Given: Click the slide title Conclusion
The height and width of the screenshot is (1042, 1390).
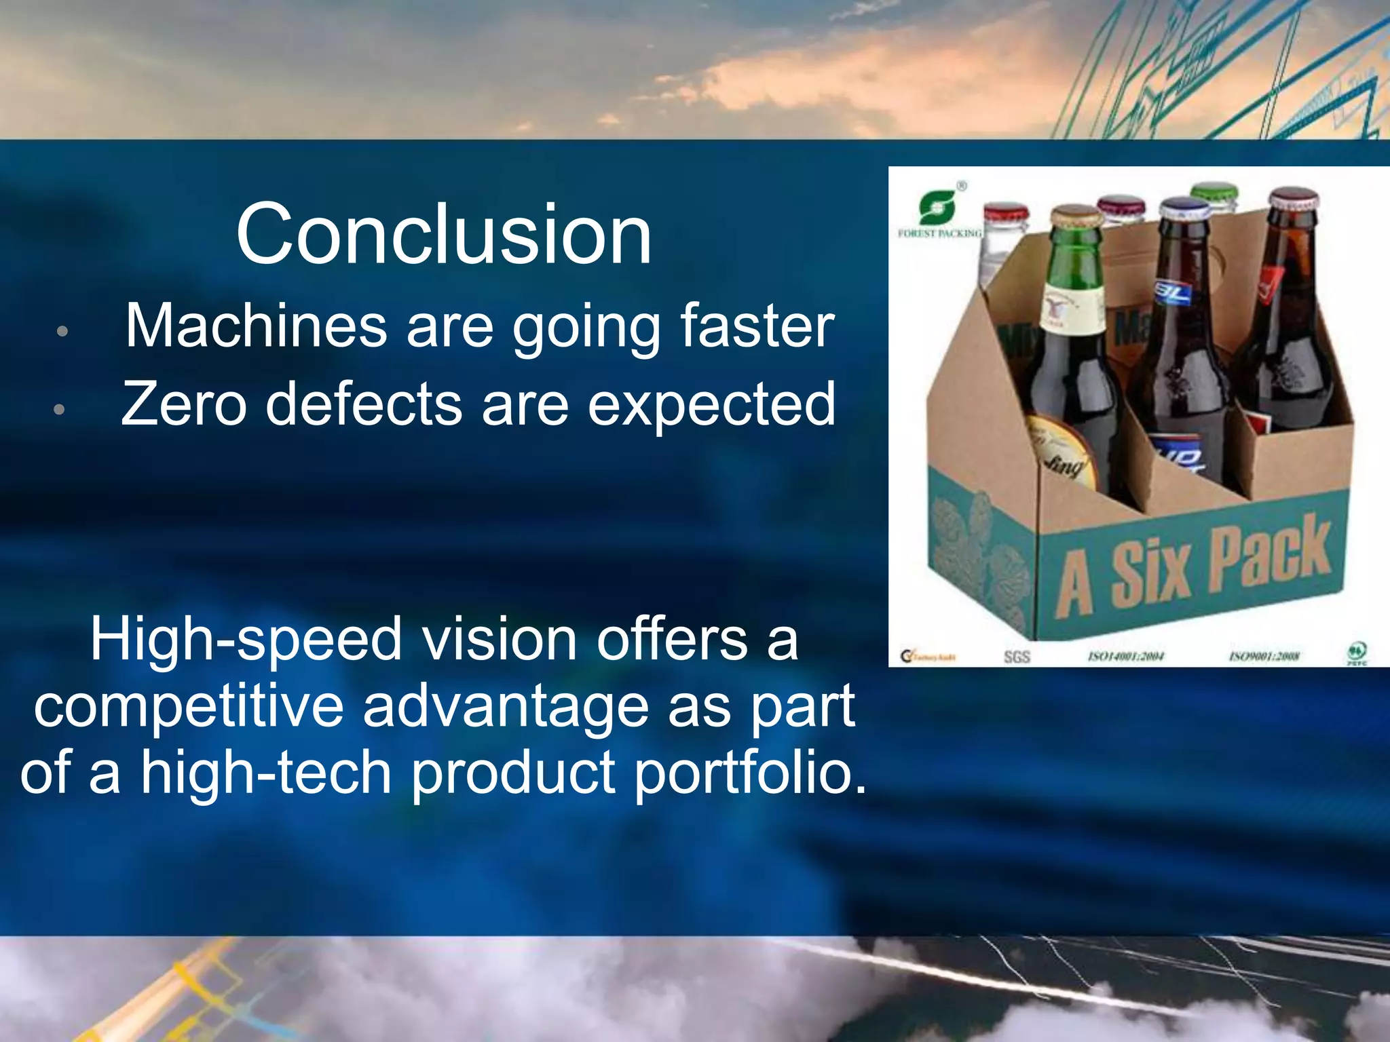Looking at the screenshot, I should (x=444, y=235).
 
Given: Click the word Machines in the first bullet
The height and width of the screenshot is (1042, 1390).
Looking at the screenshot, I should (x=256, y=326).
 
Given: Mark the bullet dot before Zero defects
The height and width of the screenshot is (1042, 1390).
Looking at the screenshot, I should (x=60, y=409).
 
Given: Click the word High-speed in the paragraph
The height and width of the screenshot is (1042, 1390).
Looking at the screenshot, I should (x=246, y=640).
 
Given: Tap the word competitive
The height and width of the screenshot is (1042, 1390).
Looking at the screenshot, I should (x=189, y=707).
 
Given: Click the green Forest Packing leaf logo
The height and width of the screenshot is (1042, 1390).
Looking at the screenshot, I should (x=937, y=208).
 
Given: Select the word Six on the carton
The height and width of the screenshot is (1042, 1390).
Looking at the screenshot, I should (x=1149, y=571).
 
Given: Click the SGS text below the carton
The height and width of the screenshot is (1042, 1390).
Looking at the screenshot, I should (x=1017, y=657).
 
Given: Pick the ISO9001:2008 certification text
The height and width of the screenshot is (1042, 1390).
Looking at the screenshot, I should (x=1264, y=656).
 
